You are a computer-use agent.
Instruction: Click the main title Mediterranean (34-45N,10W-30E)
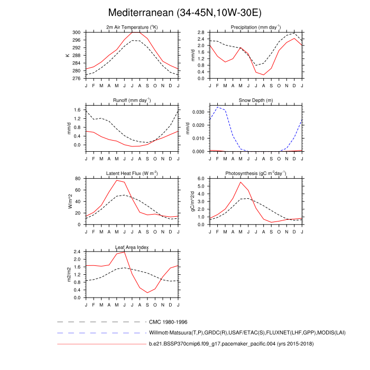pyautogui.click(x=184, y=12)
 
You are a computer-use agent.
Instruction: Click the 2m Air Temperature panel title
pyautogui.click(x=132, y=27)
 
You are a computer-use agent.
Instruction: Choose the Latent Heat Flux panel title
pyautogui.click(x=132, y=173)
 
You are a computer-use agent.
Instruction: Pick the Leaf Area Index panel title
pyautogui.click(x=132, y=247)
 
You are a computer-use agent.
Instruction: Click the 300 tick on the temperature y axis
pyautogui.click(x=77, y=32)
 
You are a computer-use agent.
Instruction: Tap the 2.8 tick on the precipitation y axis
pyautogui.click(x=201, y=32)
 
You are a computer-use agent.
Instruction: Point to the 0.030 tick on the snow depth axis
pyautogui.click(x=198, y=112)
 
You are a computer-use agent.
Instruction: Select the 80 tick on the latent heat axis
pyautogui.click(x=78, y=179)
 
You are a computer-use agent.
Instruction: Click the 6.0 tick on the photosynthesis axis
pyautogui.click(x=201, y=179)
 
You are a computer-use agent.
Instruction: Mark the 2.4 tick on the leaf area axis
pyautogui.click(x=77, y=252)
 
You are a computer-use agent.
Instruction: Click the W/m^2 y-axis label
pyautogui.click(x=69, y=202)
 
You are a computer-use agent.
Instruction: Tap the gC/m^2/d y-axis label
pyautogui.click(x=193, y=202)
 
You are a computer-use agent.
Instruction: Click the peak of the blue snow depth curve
pyautogui.click(x=218, y=107)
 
